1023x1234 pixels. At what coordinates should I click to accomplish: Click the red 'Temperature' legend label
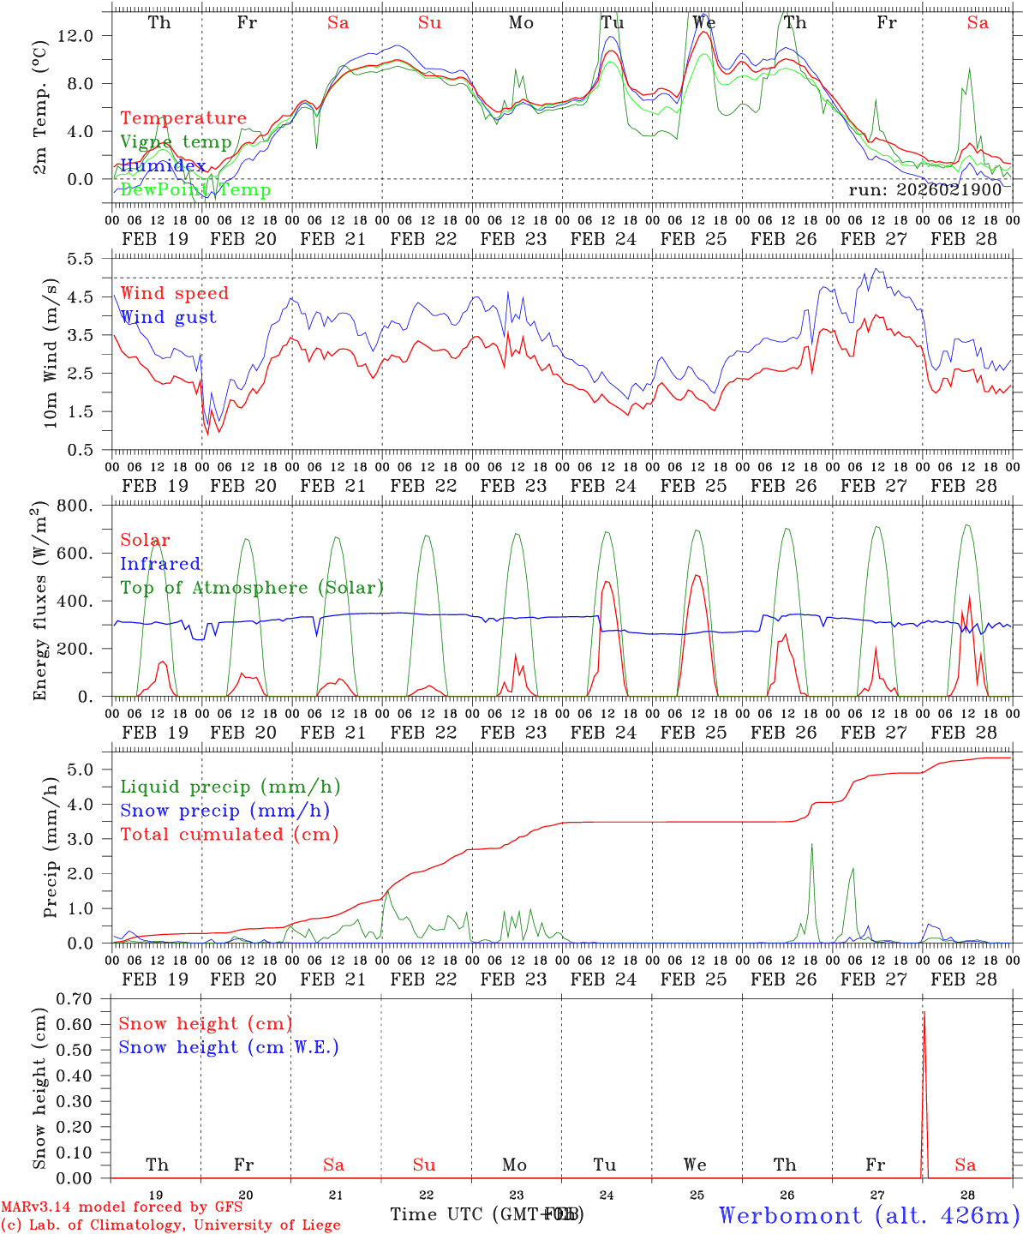coord(183,118)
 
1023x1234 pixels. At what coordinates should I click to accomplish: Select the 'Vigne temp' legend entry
coord(176,142)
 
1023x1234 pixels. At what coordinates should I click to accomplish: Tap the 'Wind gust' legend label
coord(169,317)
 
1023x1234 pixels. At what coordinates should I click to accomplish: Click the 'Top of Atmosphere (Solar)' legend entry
coord(252,588)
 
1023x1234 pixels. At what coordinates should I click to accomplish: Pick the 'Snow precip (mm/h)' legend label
coord(225,811)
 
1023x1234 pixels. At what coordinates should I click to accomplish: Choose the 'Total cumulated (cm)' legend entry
coord(230,834)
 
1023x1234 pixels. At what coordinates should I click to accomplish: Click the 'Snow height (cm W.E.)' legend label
coord(229,1047)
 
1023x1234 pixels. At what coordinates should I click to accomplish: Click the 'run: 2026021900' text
coord(925,189)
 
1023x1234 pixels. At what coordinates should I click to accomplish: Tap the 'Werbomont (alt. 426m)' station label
coord(869,1215)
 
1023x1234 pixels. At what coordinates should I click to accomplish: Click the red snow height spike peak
coord(924,1013)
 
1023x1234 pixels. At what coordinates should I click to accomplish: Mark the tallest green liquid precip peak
coord(811,845)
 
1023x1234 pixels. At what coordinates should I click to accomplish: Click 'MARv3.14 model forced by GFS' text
coord(122,1207)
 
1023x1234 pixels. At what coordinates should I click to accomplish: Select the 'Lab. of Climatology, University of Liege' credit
coord(171,1225)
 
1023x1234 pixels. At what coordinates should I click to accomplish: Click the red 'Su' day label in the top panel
coord(429,22)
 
